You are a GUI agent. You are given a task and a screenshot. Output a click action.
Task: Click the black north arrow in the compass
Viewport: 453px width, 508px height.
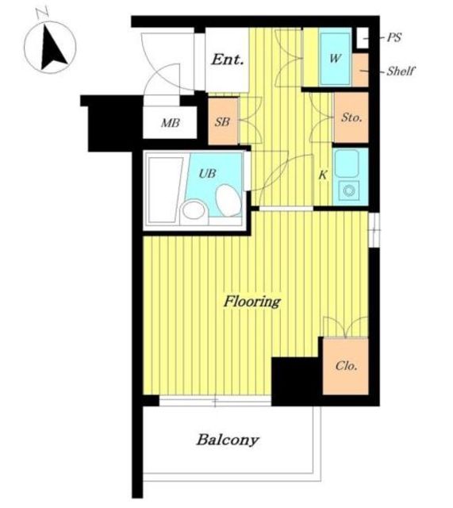click(53, 49)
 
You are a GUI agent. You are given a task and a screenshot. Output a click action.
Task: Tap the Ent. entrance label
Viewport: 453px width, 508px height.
click(228, 60)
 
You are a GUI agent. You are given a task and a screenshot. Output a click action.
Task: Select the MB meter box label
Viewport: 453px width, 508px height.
click(171, 123)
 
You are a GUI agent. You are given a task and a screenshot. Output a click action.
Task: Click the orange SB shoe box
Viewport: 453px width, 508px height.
click(223, 121)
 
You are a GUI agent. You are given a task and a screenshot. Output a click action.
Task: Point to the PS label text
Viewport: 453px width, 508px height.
click(393, 37)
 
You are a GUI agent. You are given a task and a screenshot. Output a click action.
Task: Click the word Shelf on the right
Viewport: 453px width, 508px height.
click(401, 71)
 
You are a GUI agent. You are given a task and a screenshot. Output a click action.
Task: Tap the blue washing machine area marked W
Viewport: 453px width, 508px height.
click(336, 58)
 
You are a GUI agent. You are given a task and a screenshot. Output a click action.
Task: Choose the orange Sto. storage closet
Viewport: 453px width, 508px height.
click(351, 117)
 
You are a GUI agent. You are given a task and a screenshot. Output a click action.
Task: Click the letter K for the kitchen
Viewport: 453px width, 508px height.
click(323, 175)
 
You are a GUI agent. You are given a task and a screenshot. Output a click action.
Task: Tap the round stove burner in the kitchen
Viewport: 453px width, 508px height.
click(349, 190)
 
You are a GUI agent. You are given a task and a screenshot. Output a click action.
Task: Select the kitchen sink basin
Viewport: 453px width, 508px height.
click(347, 163)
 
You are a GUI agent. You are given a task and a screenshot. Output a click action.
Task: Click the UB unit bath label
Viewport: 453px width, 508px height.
click(207, 174)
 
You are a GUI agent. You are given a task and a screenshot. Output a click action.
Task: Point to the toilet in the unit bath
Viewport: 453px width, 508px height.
click(194, 211)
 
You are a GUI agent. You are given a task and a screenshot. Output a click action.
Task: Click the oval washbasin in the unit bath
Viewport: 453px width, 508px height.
click(228, 200)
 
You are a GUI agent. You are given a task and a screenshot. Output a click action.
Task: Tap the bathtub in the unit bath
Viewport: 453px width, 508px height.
click(165, 190)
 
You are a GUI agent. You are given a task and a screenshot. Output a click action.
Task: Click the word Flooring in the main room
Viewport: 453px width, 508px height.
click(252, 302)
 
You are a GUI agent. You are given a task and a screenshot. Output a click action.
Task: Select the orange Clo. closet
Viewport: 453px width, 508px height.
click(345, 367)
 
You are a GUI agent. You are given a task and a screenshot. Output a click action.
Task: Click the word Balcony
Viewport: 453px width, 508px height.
click(228, 440)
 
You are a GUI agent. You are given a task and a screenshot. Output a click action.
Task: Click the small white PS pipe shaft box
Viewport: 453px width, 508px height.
click(363, 38)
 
